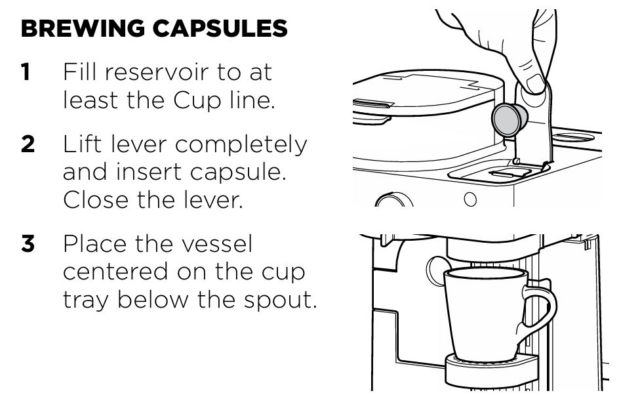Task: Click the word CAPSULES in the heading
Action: pos(220,28)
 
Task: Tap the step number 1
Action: pos(26,72)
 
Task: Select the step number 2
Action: pos(28,144)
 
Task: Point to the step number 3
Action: pos(28,244)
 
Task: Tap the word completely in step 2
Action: pos(241,145)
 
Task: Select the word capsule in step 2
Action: pos(238,173)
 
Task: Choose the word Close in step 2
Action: pos(96,199)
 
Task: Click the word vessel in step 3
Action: pos(217,244)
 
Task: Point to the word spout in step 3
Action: pos(281,300)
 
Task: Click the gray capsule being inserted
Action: pos(509,119)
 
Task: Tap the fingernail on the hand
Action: pos(536,83)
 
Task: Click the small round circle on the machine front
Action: pos(470,199)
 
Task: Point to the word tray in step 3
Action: pos(86,300)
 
